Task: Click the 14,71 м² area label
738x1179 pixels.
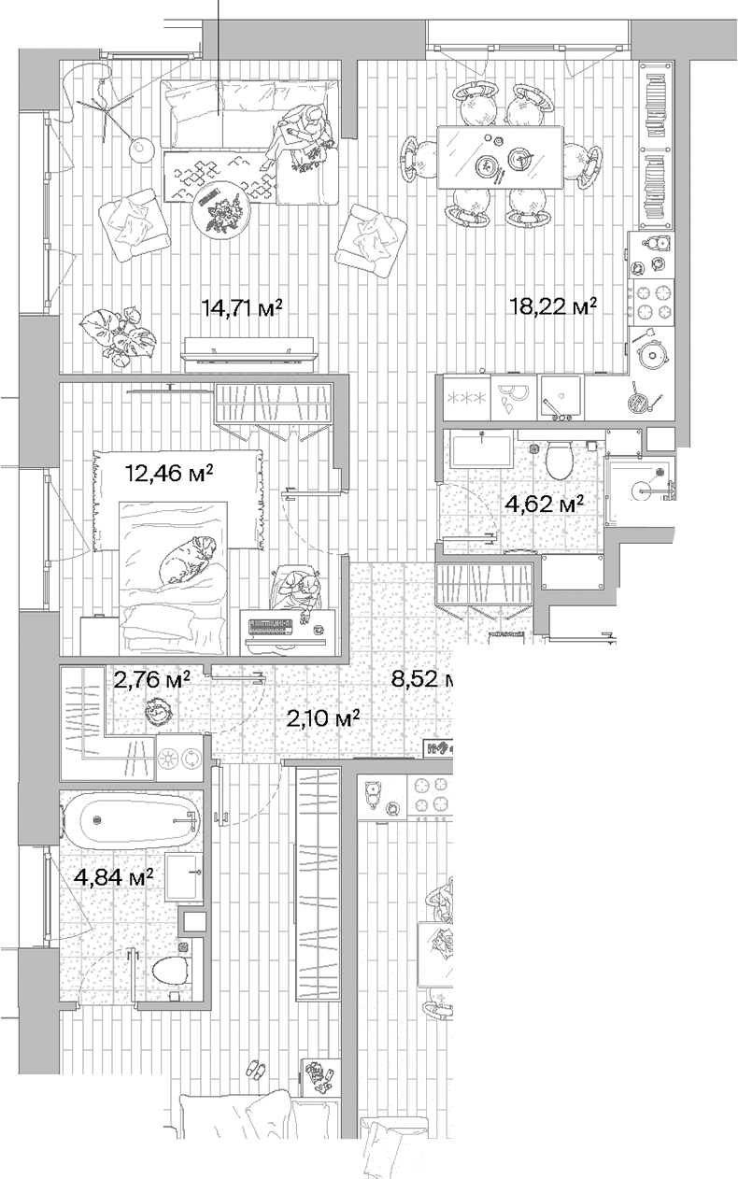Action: pos(243,307)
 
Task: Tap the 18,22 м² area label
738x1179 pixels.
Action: pos(552,306)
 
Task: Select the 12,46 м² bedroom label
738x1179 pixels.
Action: pos(169,473)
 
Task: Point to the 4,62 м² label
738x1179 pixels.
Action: pos(545,505)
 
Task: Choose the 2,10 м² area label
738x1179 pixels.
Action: pos(323,718)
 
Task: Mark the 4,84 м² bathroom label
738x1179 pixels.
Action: pos(113,877)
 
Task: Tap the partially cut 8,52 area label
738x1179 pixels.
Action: pos(421,679)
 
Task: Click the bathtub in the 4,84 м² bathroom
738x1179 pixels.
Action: pos(131,820)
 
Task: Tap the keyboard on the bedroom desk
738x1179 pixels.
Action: pos(273,622)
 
